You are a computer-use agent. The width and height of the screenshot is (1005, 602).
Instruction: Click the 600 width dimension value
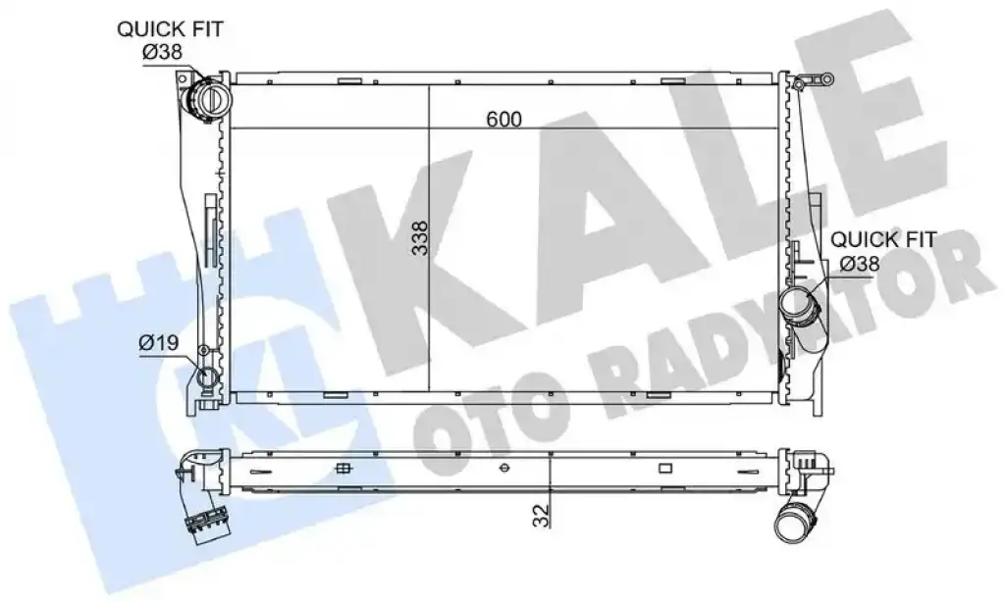[503, 119]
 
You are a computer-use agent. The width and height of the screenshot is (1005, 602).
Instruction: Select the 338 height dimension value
[420, 238]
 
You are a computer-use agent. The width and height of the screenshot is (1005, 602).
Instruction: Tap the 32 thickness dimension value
[542, 515]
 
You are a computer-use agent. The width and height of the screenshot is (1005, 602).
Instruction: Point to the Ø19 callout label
[158, 342]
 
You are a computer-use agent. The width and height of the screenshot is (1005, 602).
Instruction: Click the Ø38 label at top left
[162, 52]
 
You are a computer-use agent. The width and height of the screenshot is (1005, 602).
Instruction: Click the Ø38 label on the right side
[860, 263]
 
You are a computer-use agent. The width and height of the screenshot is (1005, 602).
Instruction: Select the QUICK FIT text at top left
[170, 29]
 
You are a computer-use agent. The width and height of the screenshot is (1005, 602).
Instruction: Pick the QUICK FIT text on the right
[883, 240]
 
